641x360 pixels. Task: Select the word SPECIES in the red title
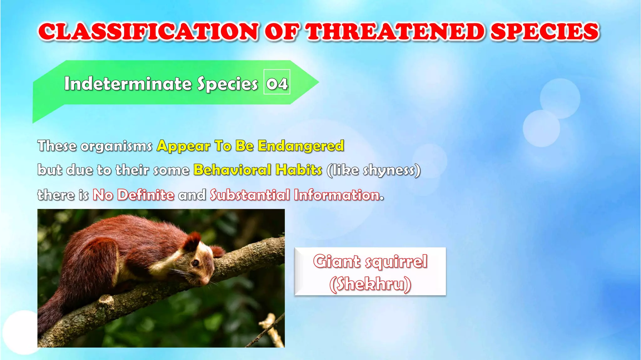[x=544, y=32]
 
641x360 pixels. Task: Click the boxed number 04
[x=277, y=83]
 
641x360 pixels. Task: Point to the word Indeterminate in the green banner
[x=127, y=84]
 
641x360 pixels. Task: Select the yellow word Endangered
[x=300, y=146]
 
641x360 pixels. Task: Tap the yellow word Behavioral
[x=232, y=170]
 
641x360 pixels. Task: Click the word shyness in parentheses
[x=388, y=170]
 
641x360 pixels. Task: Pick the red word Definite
[x=146, y=195]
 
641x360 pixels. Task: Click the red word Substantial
[x=249, y=195]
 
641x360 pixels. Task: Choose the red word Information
[x=337, y=195]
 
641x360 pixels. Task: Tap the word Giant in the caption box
[x=336, y=261]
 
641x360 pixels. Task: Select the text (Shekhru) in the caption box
[x=370, y=284]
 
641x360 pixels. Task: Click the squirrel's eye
[x=195, y=263]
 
